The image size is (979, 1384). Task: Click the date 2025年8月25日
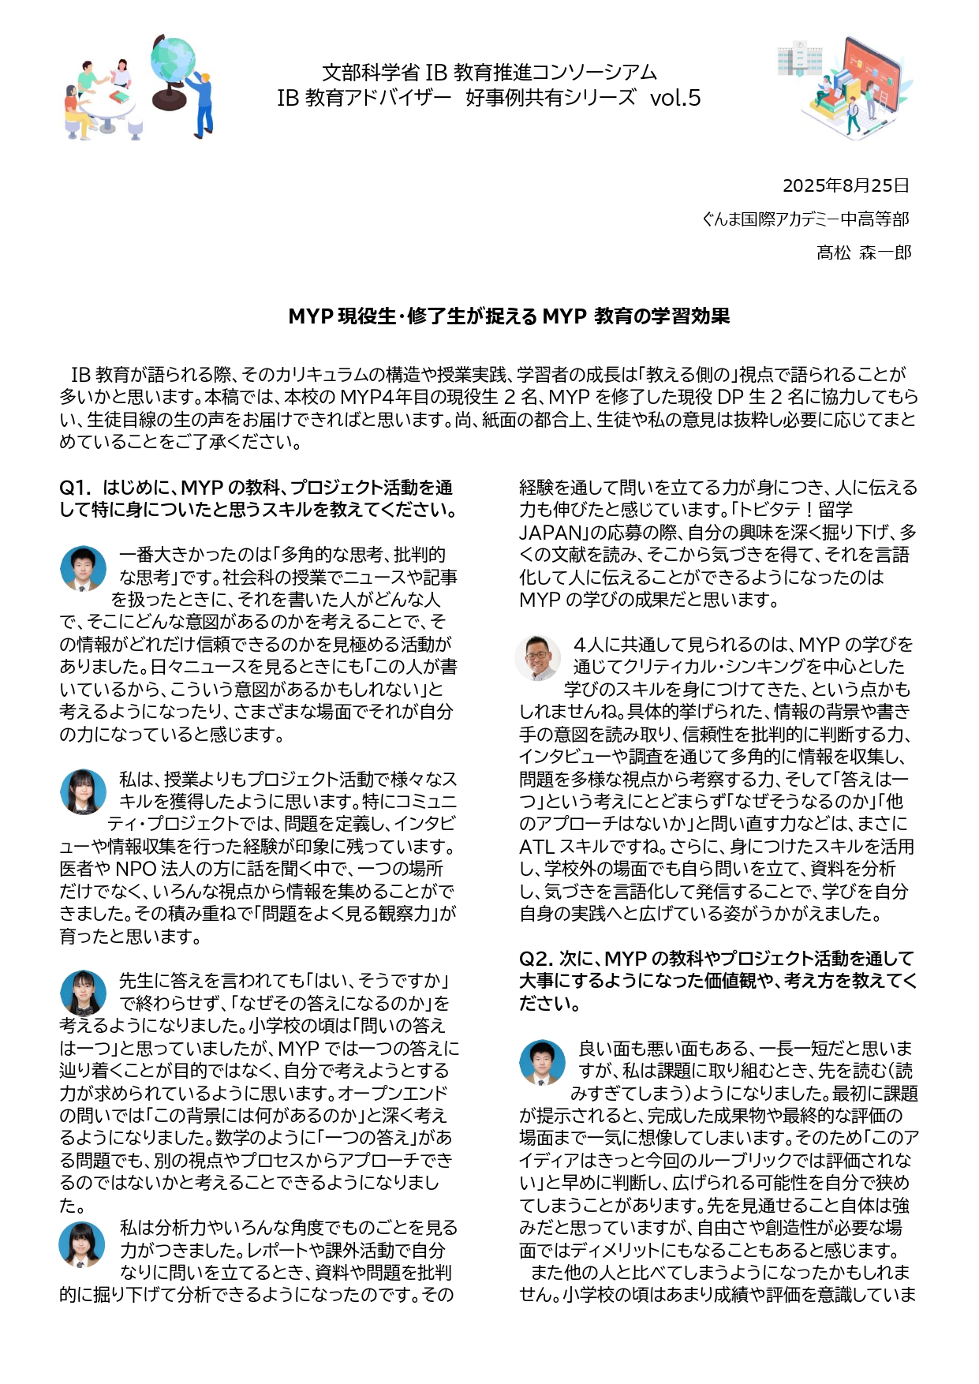click(846, 185)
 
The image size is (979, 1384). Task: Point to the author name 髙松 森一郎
click(864, 252)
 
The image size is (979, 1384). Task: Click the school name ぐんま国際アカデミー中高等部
click(805, 219)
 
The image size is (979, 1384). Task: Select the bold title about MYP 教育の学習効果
click(509, 316)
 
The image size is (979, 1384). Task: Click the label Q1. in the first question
click(76, 488)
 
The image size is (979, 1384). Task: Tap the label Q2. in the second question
click(536, 959)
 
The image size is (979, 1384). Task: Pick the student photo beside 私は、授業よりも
click(83, 791)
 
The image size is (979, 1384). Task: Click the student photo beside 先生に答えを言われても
click(83, 993)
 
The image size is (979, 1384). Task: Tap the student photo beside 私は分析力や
click(82, 1244)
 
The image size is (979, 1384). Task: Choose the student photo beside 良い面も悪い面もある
click(542, 1062)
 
